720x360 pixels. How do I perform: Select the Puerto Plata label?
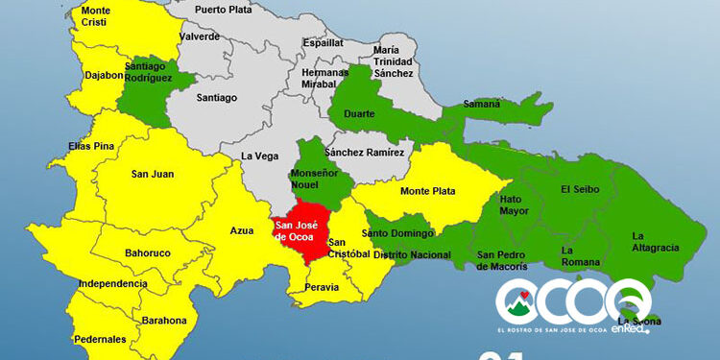click(x=224, y=10)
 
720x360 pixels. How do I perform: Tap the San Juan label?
click(x=152, y=174)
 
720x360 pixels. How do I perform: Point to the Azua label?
click(x=242, y=230)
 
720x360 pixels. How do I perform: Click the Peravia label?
click(x=322, y=287)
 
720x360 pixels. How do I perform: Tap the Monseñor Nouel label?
click(x=314, y=179)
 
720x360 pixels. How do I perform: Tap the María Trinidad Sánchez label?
click(x=394, y=61)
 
